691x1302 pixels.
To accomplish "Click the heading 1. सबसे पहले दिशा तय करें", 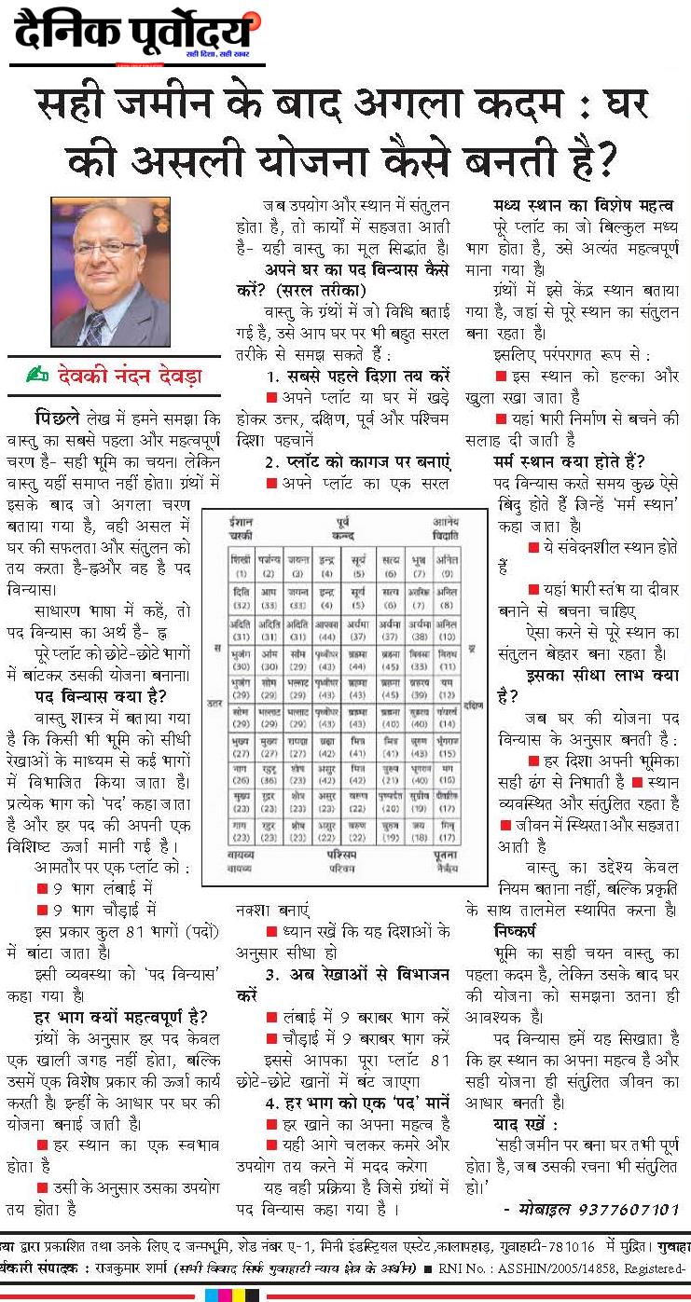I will (358, 375).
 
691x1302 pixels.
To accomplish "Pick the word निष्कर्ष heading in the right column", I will (518, 930).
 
